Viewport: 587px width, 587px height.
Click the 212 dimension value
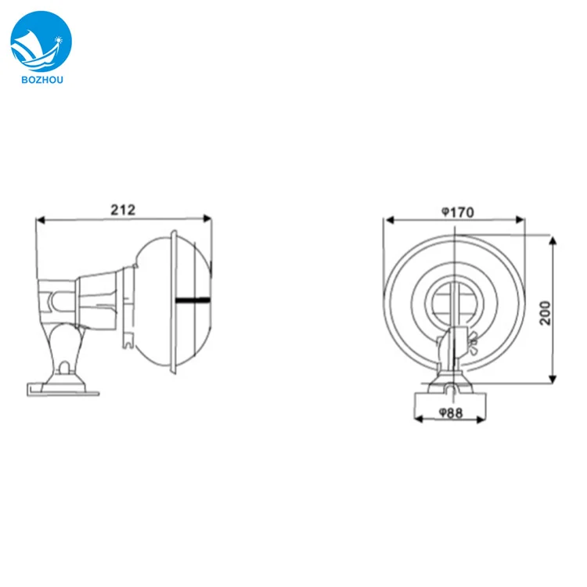point(123,209)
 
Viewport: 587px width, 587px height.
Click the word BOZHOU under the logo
point(41,79)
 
